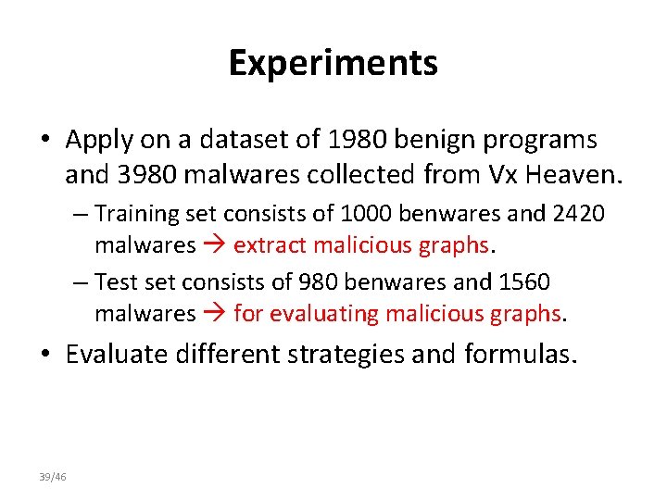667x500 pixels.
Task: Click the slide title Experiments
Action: tap(333, 64)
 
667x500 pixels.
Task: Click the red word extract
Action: tap(266, 245)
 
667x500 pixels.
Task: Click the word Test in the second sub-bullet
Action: tap(115, 281)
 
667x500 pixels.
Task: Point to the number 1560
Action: tap(522, 281)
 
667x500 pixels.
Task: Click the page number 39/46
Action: tap(53, 477)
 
